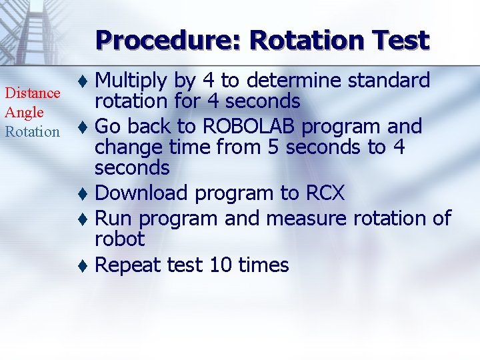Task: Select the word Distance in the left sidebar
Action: [x=32, y=94]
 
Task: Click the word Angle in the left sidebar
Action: [x=24, y=113]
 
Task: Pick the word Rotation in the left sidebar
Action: [x=32, y=131]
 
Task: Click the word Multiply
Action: [x=131, y=81]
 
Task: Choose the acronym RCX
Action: [x=325, y=193]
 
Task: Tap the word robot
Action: [x=119, y=239]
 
